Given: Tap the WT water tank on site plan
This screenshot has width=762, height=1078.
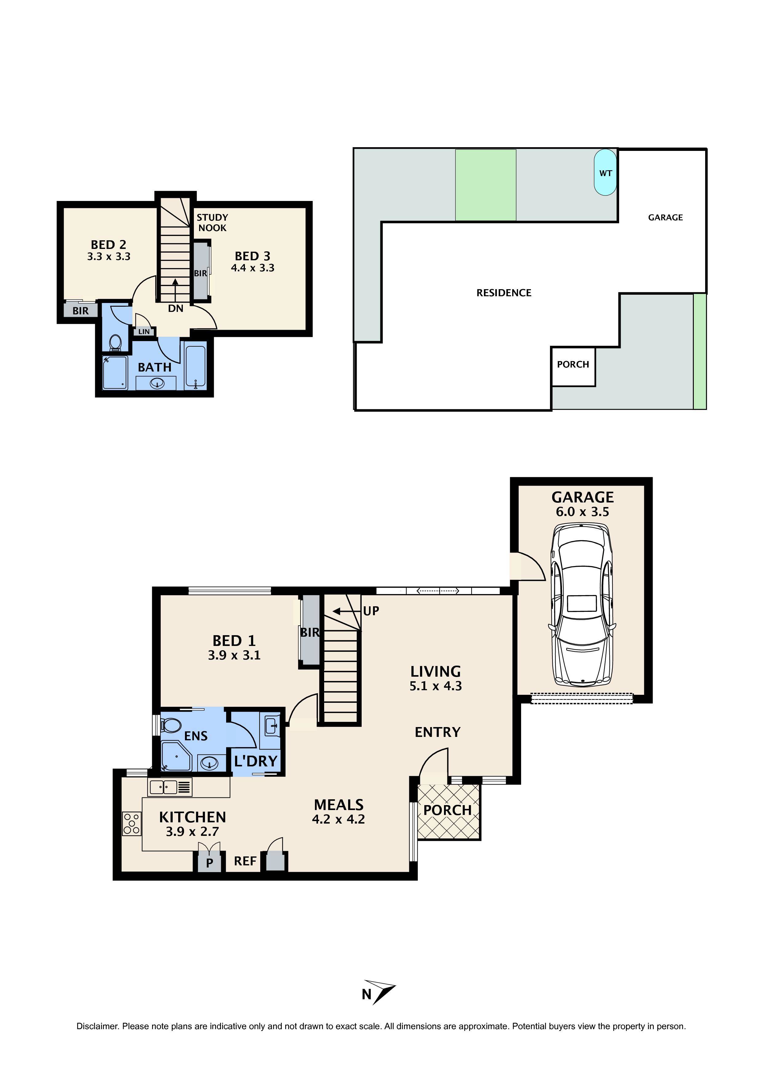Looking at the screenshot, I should (605, 172).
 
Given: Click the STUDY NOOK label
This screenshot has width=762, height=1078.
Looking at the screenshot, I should (212, 222).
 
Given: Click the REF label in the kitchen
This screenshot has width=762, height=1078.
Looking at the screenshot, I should (245, 861).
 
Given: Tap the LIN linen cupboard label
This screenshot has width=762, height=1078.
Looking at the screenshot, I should (144, 332).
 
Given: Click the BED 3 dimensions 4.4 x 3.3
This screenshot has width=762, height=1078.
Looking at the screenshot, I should (253, 268).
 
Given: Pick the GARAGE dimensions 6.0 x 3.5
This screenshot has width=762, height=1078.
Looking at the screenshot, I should (582, 512).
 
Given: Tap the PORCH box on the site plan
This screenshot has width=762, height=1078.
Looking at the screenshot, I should (573, 365).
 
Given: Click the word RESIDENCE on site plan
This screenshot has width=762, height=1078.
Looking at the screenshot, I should (504, 293).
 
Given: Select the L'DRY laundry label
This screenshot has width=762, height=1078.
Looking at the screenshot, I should (256, 761).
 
